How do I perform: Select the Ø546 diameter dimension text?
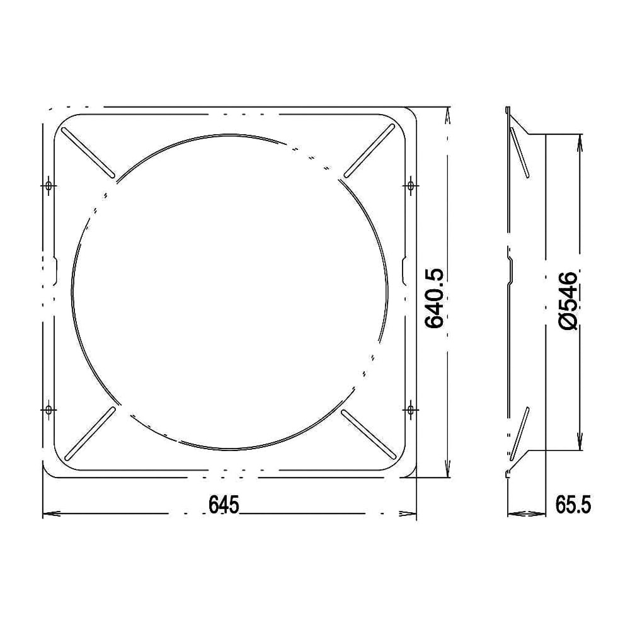tap(566, 301)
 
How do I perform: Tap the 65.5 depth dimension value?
tap(573, 504)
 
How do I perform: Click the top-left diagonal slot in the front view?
tap(88, 152)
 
